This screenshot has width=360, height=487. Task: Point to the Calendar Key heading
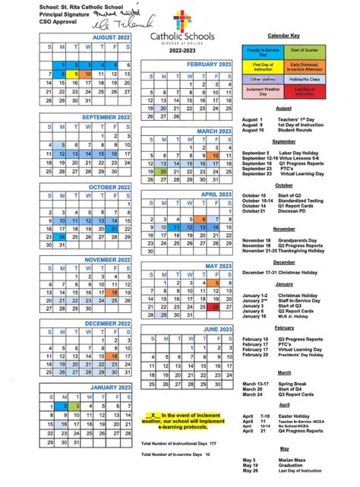pos(283,36)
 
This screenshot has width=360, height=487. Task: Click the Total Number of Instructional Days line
pos(179,443)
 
